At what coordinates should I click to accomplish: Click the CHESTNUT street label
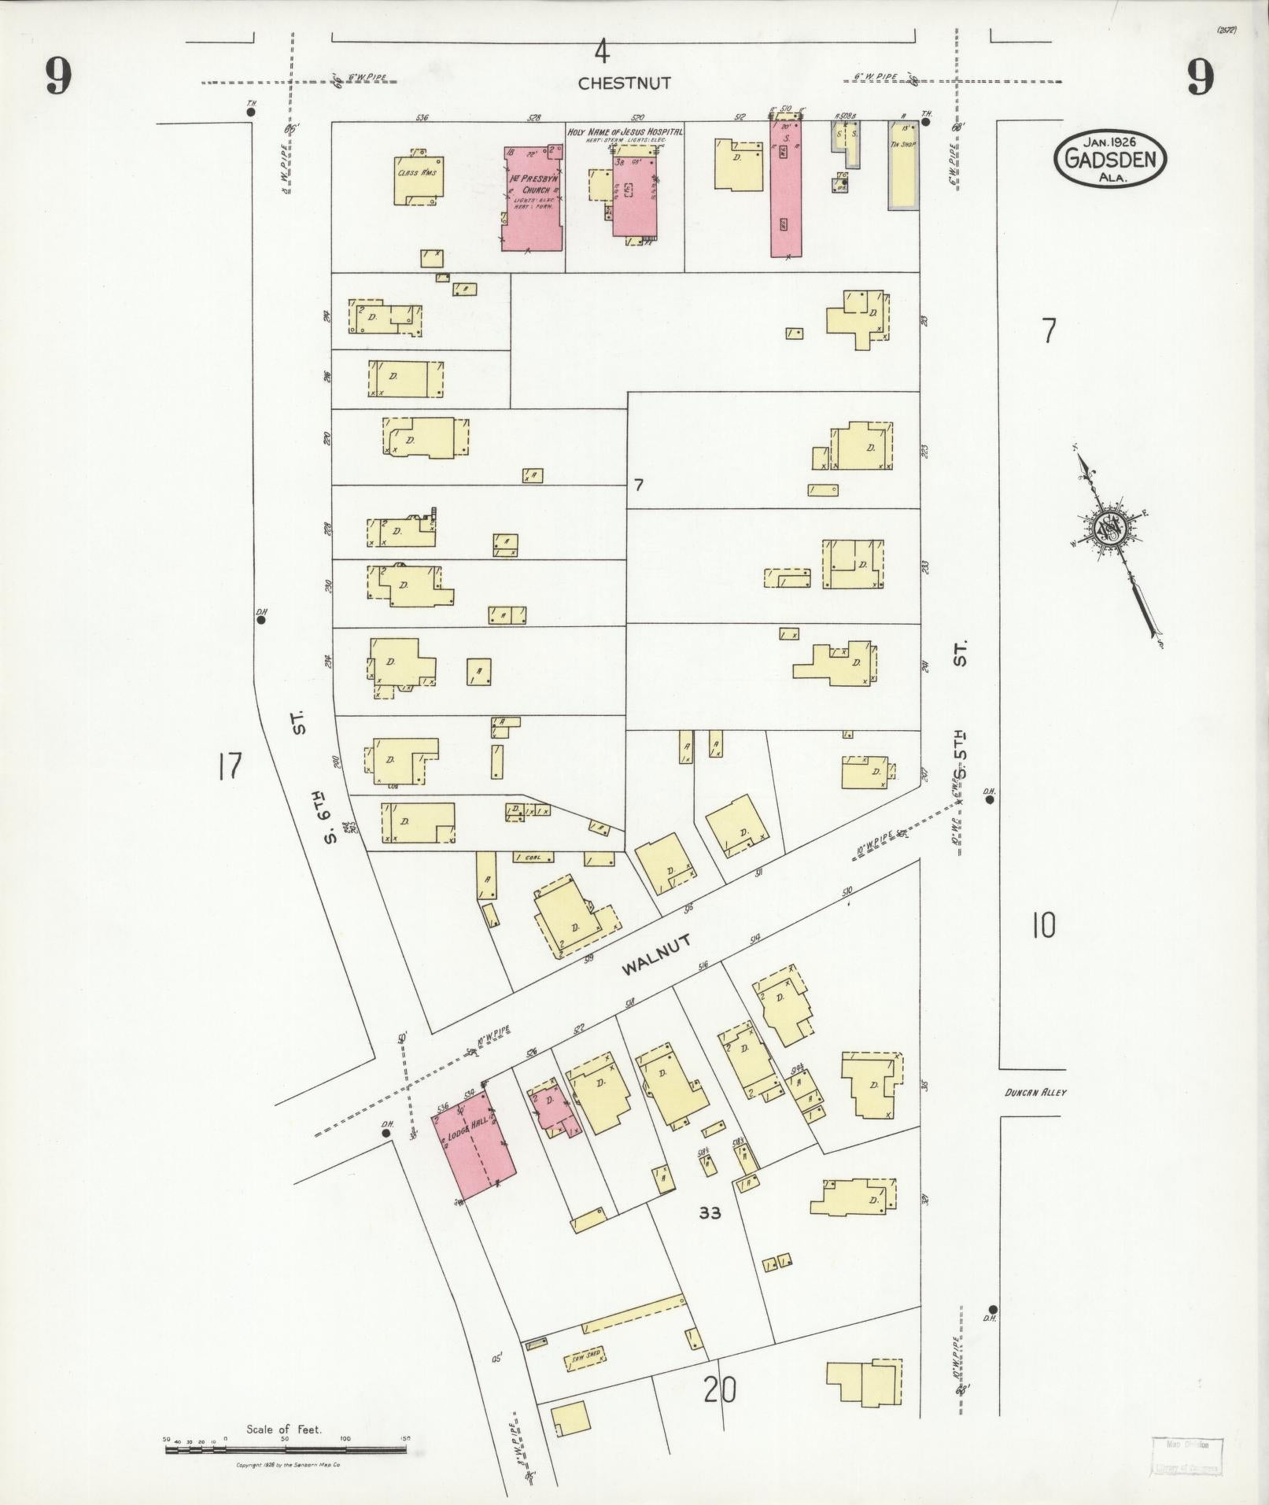(x=624, y=83)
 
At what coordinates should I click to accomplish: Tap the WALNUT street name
(x=656, y=955)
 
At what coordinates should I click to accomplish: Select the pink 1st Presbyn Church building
(x=533, y=199)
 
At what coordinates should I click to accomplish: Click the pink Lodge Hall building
(x=474, y=1153)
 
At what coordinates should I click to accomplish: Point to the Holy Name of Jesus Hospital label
(x=625, y=132)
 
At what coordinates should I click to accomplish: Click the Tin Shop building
(x=903, y=164)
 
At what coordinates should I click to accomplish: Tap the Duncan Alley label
(x=1035, y=1093)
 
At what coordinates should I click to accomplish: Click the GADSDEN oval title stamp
(x=1111, y=160)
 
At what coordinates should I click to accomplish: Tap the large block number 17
(x=230, y=766)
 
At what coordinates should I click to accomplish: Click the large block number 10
(x=1043, y=926)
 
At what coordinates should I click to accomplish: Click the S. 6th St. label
(x=315, y=779)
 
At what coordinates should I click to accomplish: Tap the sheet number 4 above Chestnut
(x=602, y=52)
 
